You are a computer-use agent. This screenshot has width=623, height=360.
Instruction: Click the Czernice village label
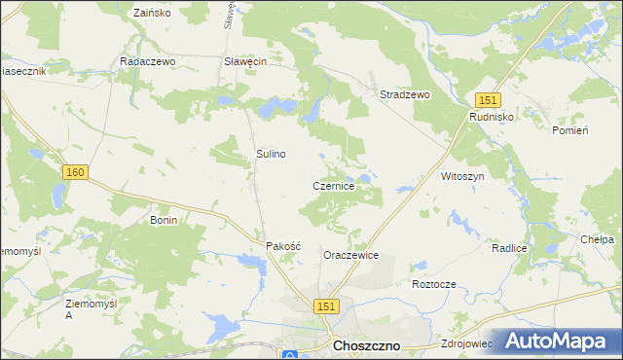coord(339,185)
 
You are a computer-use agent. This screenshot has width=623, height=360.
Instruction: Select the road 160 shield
coord(76,172)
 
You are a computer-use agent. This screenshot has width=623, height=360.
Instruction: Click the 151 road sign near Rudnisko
coord(488,100)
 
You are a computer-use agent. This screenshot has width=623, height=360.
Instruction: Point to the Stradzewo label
coord(404,95)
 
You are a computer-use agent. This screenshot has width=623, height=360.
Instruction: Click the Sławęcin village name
coord(245,60)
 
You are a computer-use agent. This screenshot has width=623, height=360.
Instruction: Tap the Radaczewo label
coord(146,60)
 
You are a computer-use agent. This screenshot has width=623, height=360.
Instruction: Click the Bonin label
coord(163,221)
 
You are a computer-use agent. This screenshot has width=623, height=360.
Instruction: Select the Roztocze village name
coord(434,284)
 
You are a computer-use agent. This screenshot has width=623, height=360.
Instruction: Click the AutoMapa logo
coord(558,340)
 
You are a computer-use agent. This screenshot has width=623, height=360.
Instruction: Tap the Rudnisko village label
coord(492,116)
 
